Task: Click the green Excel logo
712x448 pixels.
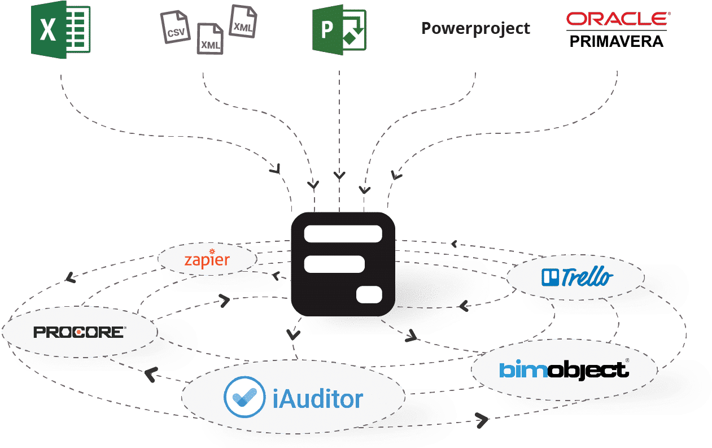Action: point(60,29)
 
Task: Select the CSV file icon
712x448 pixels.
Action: point(176,28)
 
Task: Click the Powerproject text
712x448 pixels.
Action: point(475,29)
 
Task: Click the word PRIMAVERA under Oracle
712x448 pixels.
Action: point(617,41)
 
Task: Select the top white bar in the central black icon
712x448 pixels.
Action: point(343,233)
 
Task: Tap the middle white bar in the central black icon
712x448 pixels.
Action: point(334,264)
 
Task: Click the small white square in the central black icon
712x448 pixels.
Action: point(369,294)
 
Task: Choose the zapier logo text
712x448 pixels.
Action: point(207,260)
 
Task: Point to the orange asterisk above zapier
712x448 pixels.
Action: point(212,251)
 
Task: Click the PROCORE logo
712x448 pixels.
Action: point(79,332)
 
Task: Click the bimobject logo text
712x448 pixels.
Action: point(563,370)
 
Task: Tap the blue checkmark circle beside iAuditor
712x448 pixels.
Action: point(244,397)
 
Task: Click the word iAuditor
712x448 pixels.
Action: point(317,399)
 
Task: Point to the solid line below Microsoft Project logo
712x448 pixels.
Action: point(339,124)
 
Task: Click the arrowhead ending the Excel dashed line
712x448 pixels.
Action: point(277,168)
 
